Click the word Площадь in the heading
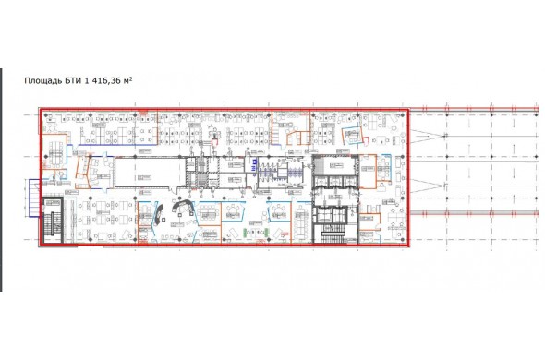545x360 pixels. pos(43,81)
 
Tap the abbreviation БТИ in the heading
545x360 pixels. pos(72,80)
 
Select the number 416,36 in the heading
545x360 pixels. pos(105,81)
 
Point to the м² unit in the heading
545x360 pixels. pos(128,80)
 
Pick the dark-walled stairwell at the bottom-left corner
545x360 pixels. pos(52,220)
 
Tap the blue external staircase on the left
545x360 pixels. pos(34,198)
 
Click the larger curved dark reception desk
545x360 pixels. pos(183,208)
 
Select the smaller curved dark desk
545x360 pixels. pos(160,214)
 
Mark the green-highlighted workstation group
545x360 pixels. pos(257,232)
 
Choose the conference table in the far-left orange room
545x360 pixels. pos(55,153)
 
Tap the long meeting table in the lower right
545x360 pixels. pos(300,222)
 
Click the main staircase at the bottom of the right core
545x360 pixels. pos(332,234)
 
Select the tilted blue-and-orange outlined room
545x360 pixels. pos(353,135)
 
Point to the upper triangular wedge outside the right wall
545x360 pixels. pos(428,136)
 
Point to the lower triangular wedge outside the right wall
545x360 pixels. pos(428,186)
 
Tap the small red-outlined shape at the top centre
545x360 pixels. pos(214,141)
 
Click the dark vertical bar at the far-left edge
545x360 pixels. pos(1,180)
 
